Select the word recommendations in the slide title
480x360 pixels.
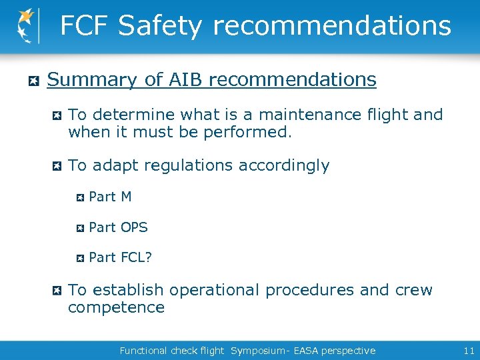point(331,26)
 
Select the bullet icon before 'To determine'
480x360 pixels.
point(57,116)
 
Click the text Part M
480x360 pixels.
point(110,197)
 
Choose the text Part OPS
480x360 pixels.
point(118,227)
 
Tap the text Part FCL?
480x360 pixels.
point(120,257)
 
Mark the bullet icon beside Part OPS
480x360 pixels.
point(79,228)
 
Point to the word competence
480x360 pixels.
point(116,307)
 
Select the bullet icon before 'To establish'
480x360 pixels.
point(57,291)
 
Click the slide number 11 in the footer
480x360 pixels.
point(467,351)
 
